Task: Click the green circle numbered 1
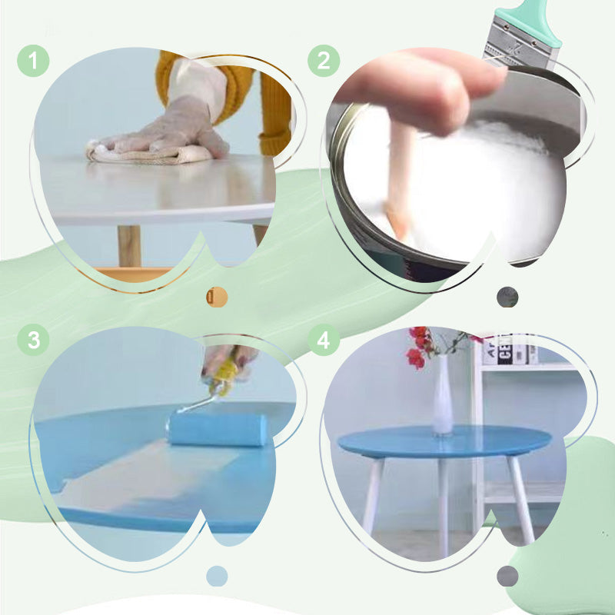pos(33,61)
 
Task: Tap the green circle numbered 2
pos(324,61)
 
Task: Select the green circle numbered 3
pos(33,340)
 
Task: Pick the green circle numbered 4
pos(324,340)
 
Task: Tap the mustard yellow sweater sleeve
pos(273,108)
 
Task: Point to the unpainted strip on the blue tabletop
pos(154,477)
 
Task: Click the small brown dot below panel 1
pos(217,297)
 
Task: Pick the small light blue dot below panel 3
pos(217,576)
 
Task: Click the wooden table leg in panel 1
pos(129,246)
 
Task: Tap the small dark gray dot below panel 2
pos(507,297)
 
